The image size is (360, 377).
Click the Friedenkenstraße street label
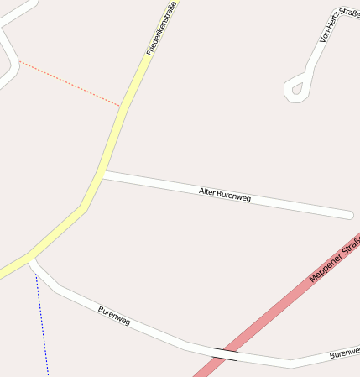pos(161,30)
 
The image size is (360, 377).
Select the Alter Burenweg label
pos(225,195)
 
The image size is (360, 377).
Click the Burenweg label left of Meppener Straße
pos(114,316)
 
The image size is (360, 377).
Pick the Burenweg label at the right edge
pos(344,353)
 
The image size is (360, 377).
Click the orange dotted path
pos(71,84)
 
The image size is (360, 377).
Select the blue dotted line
pos(43,327)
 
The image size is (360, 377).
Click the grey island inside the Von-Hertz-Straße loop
pos(296,88)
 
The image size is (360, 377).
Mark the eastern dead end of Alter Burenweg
pos(348,215)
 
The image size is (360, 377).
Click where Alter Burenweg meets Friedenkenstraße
pos(102,175)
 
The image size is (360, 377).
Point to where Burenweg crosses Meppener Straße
pos(225,353)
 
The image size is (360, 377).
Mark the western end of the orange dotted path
pos(19,61)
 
